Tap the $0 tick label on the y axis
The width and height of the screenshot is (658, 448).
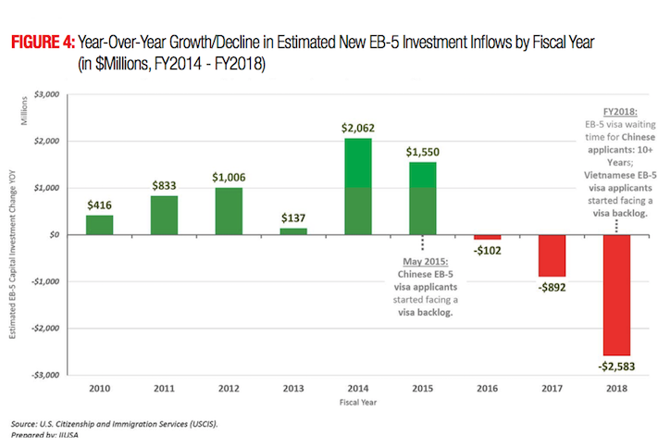[54, 234]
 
